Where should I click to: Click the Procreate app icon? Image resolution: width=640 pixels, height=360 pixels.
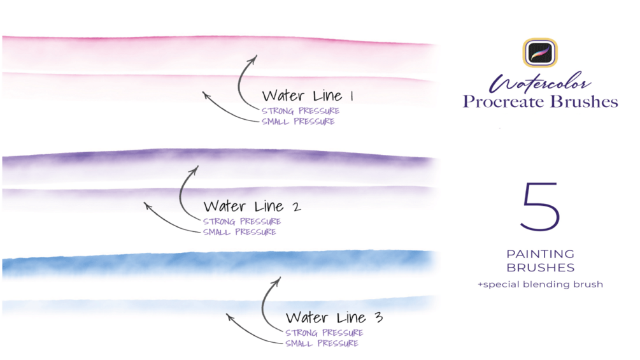pos(541,53)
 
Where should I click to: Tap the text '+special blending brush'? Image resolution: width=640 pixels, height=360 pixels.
pos(540,284)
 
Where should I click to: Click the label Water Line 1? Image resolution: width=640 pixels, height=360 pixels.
pos(308,96)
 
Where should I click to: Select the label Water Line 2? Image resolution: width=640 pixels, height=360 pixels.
pos(252,206)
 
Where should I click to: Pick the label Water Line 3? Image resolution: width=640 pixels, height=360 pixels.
pos(334,317)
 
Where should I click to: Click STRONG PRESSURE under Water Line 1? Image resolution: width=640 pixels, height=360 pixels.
pos(301,111)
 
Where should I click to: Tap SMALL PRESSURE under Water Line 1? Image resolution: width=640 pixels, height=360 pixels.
pos(298,121)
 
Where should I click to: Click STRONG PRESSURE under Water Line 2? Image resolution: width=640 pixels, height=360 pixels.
pos(242,221)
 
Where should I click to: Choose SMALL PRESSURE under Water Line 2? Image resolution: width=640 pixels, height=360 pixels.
pos(239,232)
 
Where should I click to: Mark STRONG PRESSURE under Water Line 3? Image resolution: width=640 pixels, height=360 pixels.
pos(324,333)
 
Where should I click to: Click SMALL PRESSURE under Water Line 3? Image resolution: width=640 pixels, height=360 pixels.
pos(322,343)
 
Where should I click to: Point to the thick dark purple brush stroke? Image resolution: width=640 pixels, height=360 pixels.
pos(217,161)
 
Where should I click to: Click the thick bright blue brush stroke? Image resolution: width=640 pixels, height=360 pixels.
pos(217,263)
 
